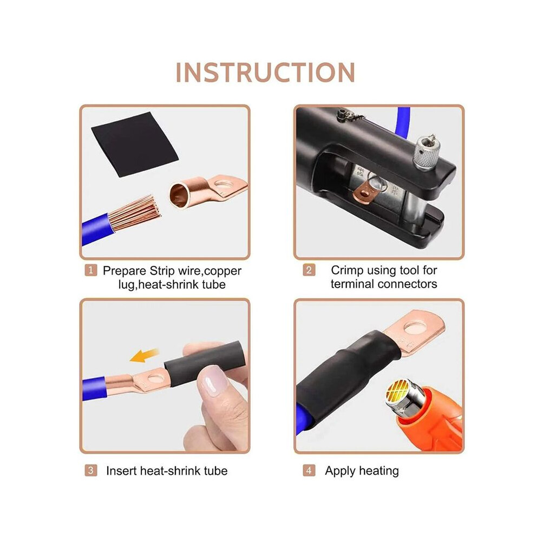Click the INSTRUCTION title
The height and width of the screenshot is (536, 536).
pos(265,73)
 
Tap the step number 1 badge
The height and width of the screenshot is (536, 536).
pos(90,270)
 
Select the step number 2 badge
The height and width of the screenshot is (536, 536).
pos(309,270)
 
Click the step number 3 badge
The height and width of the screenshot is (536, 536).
pos(90,470)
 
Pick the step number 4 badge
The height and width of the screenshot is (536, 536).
pos(309,470)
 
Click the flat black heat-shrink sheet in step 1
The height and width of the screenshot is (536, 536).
pos(135,143)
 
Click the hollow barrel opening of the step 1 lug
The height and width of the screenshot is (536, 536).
pos(179,195)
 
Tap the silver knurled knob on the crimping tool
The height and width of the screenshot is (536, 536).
pos(426,153)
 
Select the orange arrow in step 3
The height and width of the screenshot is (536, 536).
pos(144,356)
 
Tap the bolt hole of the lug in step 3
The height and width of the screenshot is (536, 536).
pos(156,378)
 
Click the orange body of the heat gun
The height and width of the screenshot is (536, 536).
pos(432,421)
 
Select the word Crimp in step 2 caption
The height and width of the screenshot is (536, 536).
pos(348,270)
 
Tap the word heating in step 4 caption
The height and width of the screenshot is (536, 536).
pos(379,471)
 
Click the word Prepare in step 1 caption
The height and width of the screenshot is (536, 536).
pos(125,271)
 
